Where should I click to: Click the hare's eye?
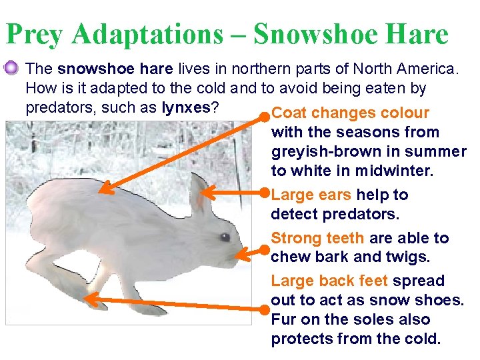(x=225, y=237)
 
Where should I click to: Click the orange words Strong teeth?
(x=317, y=238)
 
